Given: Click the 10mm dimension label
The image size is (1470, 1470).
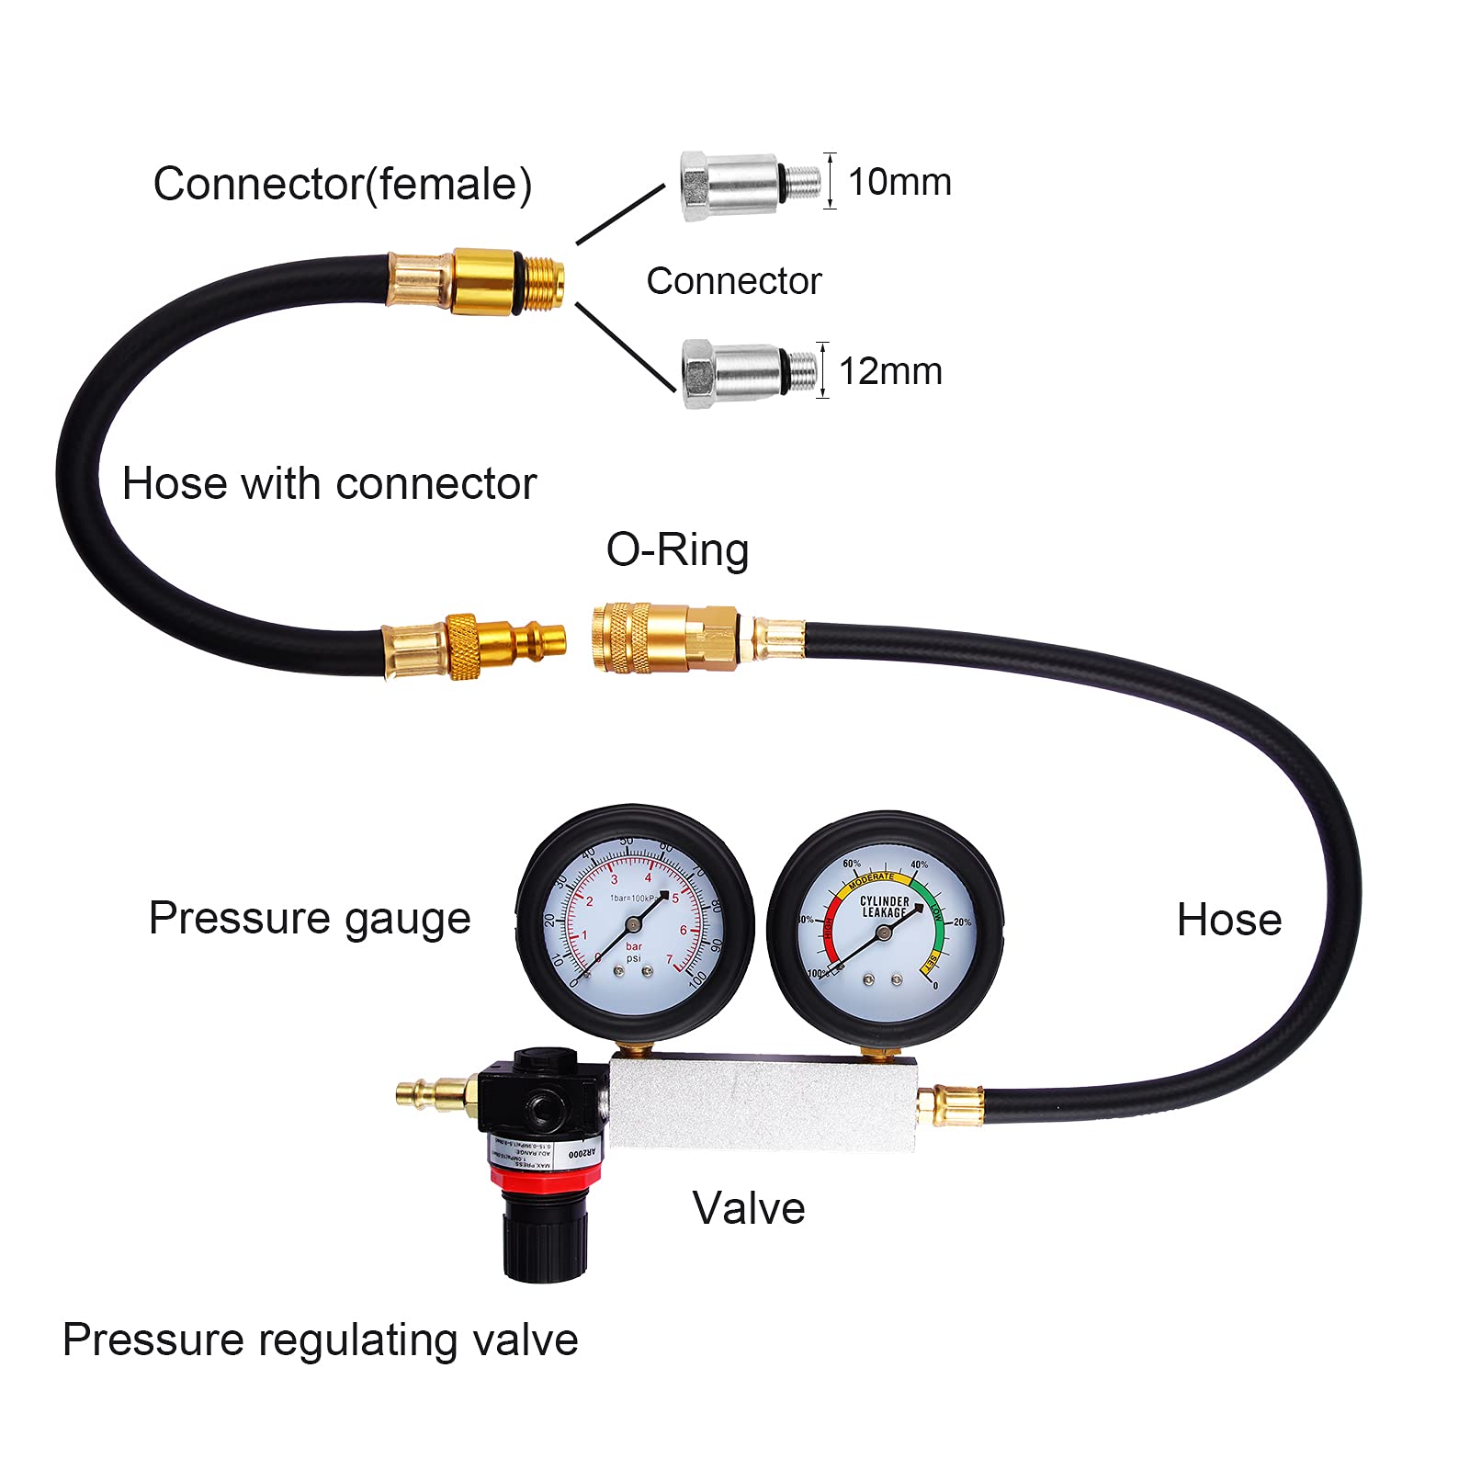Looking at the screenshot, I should click(x=899, y=182).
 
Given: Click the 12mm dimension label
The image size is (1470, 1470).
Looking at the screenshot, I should click(x=890, y=371).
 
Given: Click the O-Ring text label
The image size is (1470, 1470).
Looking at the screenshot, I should click(x=677, y=549).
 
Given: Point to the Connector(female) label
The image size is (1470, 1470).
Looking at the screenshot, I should click(x=342, y=184).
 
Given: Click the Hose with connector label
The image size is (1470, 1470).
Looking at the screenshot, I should click(x=329, y=483).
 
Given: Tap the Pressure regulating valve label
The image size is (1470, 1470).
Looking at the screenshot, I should click(x=320, y=1340).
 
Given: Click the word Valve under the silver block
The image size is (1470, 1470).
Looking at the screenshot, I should click(x=748, y=1207).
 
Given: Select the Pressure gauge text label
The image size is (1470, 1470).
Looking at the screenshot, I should click(x=310, y=918).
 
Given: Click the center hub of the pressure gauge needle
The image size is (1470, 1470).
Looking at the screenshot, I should click(x=633, y=924).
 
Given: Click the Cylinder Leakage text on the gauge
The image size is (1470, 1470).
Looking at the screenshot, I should click(x=884, y=907).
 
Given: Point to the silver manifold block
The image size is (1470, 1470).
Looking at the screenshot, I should click(x=763, y=1102).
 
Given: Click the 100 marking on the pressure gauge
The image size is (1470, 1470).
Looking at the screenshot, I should click(x=696, y=978).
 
